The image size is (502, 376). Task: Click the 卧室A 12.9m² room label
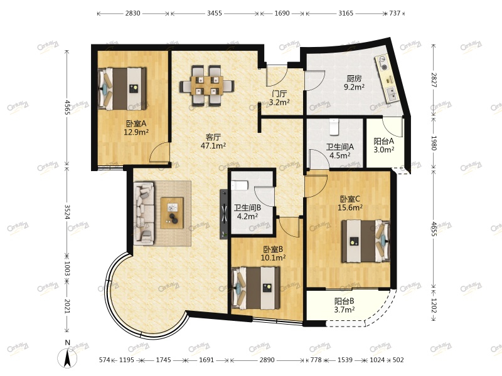point(136,128)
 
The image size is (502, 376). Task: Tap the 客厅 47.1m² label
point(213,142)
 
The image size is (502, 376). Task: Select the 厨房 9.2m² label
point(354,83)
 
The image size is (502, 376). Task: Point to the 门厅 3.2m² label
point(279,98)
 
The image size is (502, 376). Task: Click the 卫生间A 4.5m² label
point(339,151)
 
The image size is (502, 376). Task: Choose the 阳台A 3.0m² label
point(383,145)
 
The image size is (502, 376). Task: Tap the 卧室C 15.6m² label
point(350,203)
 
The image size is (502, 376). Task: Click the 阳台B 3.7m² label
point(344,305)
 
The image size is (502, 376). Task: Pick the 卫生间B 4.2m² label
point(247,212)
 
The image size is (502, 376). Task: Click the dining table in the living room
point(207,86)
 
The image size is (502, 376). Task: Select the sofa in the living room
point(144,214)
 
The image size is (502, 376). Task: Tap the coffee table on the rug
point(172,213)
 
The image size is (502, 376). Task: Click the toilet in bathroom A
point(334,127)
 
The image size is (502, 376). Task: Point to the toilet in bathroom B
point(240,185)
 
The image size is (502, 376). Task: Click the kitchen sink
point(391,94)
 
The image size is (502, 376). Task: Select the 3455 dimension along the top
point(215,13)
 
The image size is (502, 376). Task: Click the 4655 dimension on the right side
point(434,229)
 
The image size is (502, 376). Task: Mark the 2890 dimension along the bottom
point(267,360)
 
